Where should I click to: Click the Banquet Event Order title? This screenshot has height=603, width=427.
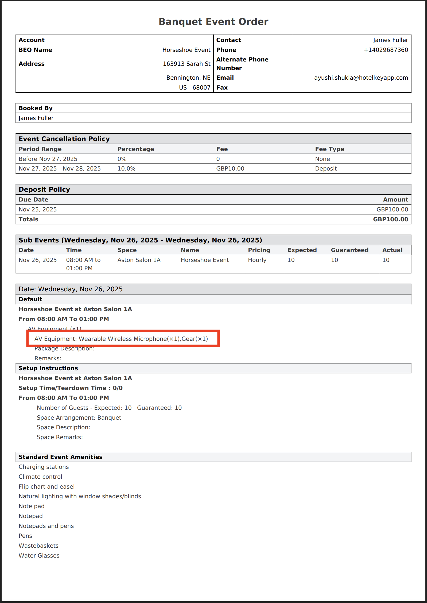click(213, 22)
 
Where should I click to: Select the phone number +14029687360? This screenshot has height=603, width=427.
click(386, 50)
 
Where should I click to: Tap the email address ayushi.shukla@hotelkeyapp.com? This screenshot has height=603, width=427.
click(361, 78)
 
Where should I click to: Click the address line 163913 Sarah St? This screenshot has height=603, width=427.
click(187, 64)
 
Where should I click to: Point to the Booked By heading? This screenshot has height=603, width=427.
click(36, 108)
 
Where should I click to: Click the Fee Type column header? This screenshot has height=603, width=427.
click(329, 149)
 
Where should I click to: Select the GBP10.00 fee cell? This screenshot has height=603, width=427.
click(230, 169)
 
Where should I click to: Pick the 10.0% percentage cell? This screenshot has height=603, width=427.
click(126, 169)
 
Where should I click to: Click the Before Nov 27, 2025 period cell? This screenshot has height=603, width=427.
click(48, 159)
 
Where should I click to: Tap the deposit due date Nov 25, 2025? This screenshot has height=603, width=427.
click(38, 210)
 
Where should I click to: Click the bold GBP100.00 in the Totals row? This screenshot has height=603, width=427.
click(390, 219)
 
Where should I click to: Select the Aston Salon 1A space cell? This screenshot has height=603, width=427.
click(139, 260)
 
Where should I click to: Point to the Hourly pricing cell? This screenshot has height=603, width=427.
click(257, 260)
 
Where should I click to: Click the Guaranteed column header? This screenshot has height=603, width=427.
click(350, 250)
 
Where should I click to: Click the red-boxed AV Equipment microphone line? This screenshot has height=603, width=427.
click(121, 339)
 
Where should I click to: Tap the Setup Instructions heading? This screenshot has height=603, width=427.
click(48, 368)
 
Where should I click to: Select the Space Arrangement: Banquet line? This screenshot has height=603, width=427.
click(79, 418)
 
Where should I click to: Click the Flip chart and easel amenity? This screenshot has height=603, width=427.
click(46, 487)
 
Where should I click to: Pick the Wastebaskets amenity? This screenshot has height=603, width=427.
click(38, 546)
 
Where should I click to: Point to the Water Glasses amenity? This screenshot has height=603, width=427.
click(39, 556)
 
